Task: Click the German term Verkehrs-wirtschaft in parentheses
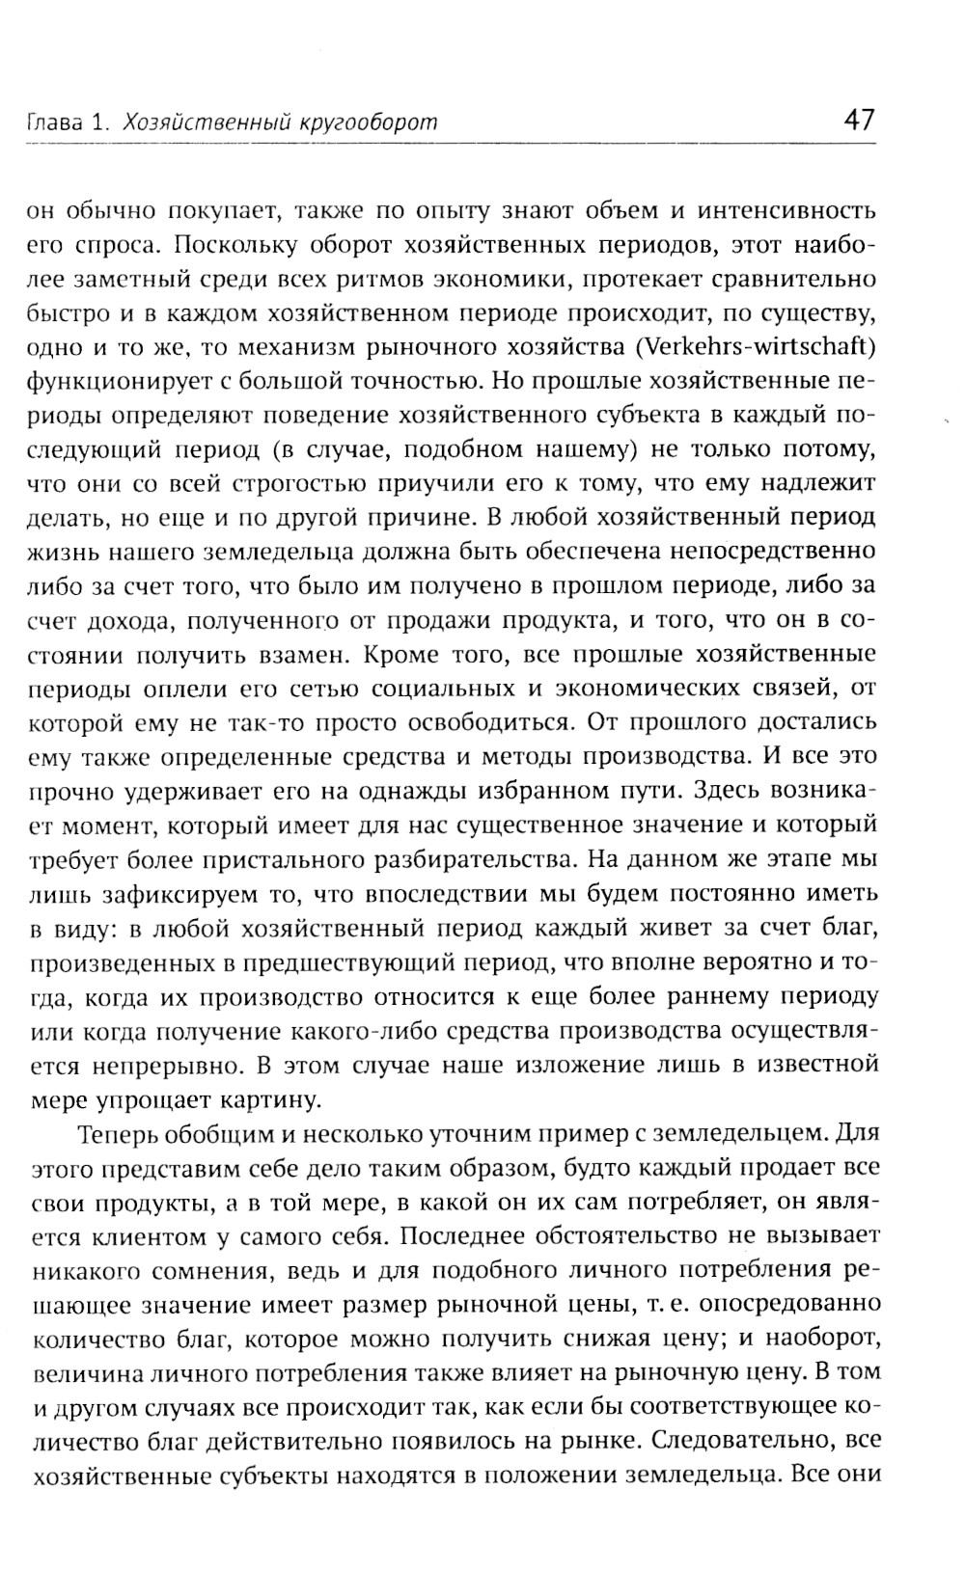pos(768,347)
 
